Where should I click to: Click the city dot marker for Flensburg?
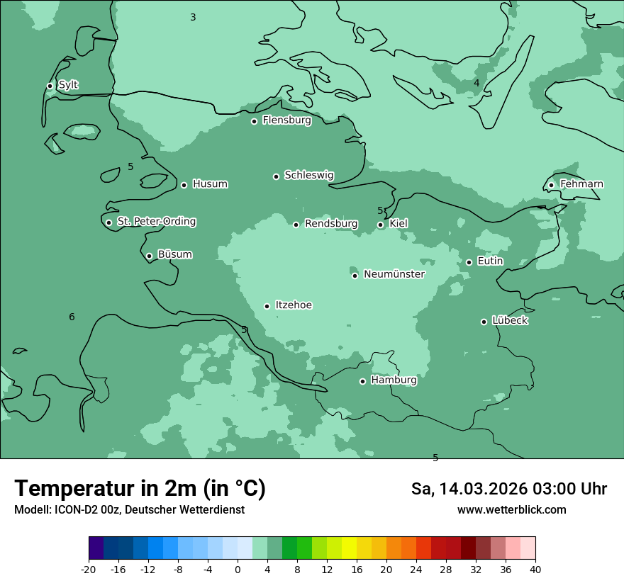(254, 121)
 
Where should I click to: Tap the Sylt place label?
(68, 85)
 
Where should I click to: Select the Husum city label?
(210, 184)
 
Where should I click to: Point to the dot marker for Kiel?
(381, 225)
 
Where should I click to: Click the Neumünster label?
(394, 274)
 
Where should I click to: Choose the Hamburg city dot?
(362, 381)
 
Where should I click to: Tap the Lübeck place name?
(510, 320)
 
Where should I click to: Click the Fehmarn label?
(581, 184)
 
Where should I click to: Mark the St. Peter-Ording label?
(157, 222)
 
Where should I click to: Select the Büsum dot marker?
(149, 256)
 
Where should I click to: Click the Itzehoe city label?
(294, 305)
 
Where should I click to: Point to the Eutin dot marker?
(469, 262)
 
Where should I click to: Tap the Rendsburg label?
(331, 224)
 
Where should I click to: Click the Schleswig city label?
(309, 175)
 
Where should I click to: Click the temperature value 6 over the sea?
(72, 317)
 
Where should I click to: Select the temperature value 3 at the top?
(193, 17)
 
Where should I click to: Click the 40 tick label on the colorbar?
(535, 570)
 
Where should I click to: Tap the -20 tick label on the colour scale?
(89, 570)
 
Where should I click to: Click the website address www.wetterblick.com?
(511, 510)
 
